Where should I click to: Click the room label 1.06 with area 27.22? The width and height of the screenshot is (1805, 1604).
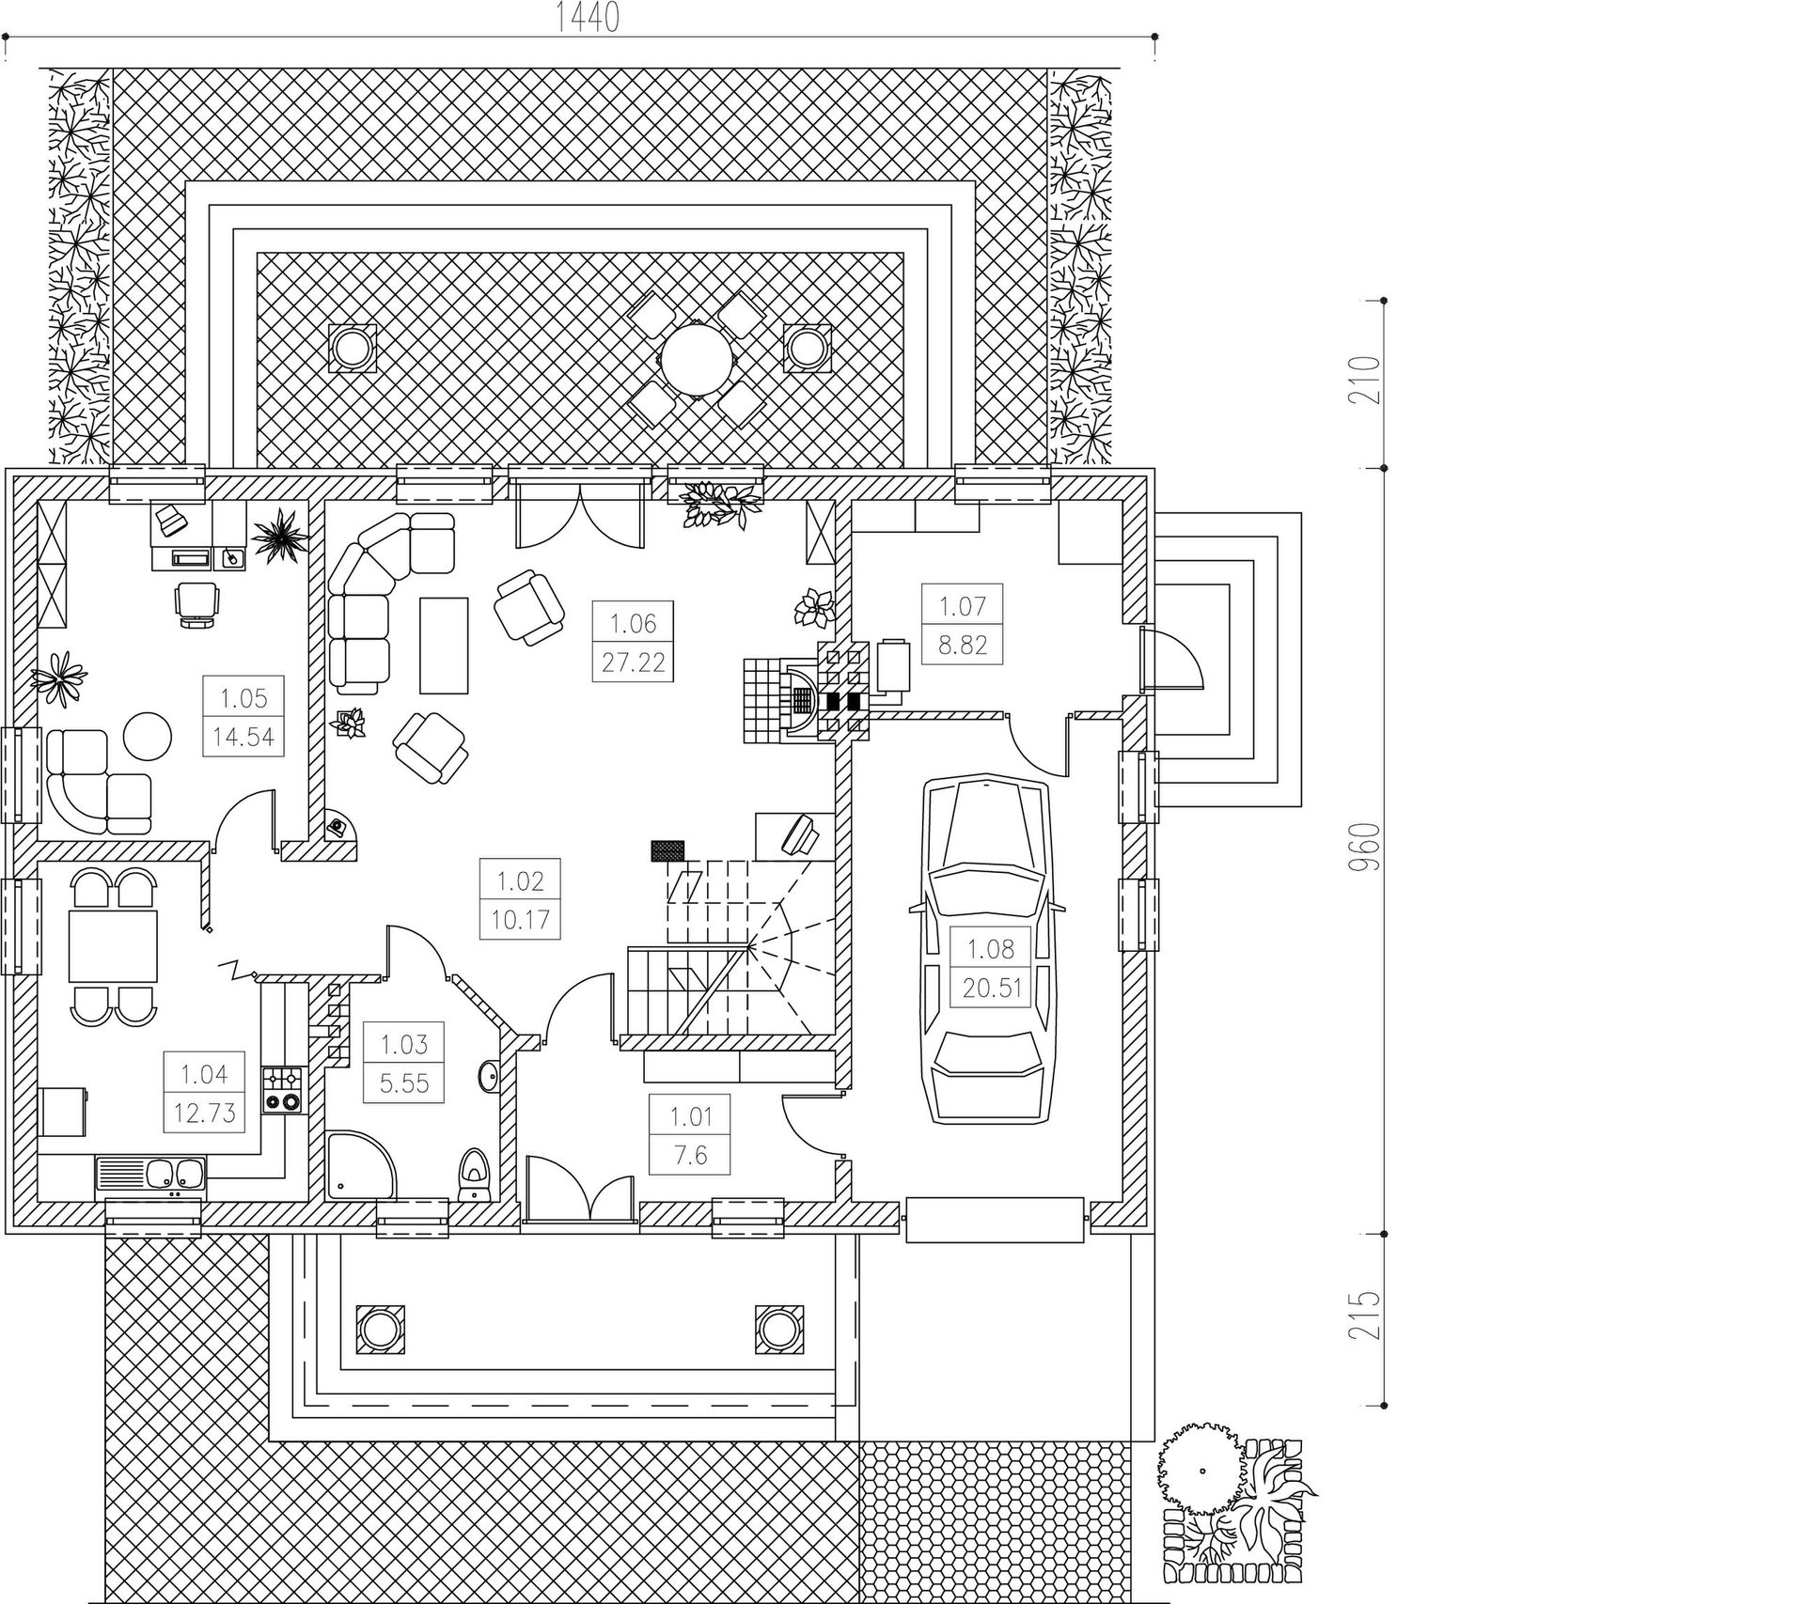tap(633, 643)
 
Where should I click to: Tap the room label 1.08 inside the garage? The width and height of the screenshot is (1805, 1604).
tap(991, 968)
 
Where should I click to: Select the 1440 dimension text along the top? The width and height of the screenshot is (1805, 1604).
tap(589, 17)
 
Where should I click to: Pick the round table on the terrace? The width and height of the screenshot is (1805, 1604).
tap(697, 359)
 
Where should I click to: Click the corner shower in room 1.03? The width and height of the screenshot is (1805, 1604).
tap(359, 1165)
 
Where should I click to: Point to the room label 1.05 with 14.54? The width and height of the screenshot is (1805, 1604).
tap(243, 718)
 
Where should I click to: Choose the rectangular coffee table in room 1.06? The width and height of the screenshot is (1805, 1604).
tap(444, 645)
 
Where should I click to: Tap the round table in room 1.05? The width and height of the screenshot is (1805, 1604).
tap(148, 734)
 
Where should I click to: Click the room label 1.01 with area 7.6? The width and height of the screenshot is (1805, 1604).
tap(690, 1136)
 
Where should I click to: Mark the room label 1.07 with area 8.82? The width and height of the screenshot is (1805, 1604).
tap(963, 624)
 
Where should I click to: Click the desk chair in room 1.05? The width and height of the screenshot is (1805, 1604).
tap(197, 602)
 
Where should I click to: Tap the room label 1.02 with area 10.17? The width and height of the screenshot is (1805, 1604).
tap(520, 899)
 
